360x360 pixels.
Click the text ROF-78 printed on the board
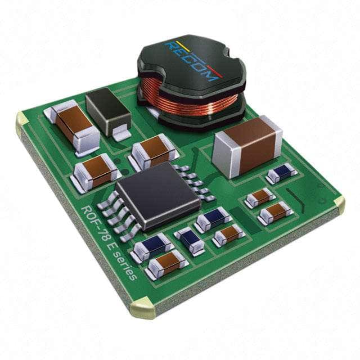pos(95,223)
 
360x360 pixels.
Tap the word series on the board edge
pos(125,264)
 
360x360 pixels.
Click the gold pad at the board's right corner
pos(339,204)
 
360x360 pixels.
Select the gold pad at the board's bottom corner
pos(142,308)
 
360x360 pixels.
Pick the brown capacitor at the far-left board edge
pos(73,124)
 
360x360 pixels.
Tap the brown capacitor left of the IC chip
pos(95,170)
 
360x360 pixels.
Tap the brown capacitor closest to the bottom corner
pos(166,263)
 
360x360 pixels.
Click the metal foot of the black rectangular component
pos(121,134)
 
